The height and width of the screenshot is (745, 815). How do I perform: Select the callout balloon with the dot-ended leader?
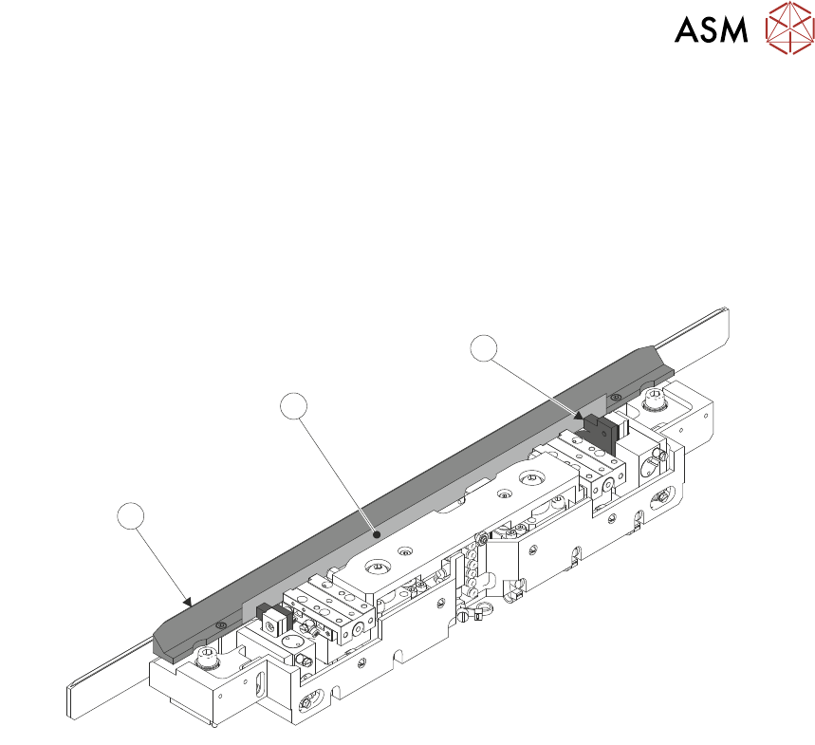(295, 408)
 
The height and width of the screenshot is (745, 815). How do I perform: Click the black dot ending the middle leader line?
(378, 535)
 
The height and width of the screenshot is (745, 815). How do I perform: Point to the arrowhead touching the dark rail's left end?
(187, 601)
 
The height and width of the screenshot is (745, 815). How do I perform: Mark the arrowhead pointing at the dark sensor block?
(580, 414)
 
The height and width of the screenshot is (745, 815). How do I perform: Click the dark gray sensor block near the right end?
(600, 432)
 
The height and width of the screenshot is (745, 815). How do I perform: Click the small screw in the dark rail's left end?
(220, 624)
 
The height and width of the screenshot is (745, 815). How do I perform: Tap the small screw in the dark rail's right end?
(618, 396)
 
